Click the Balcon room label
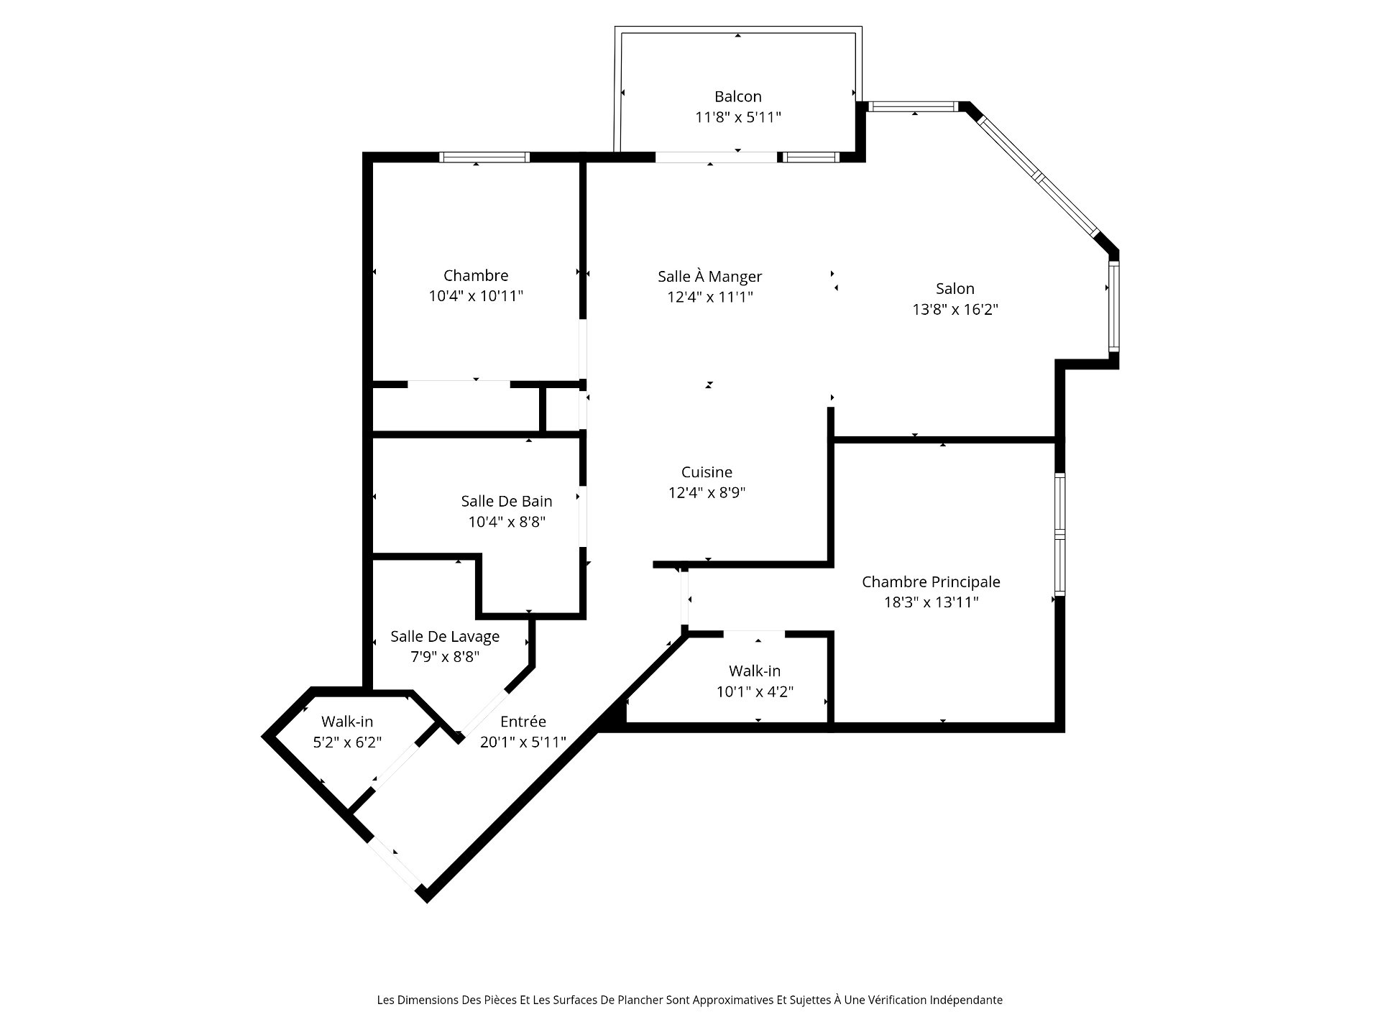(737, 96)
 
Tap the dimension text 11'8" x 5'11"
(737, 117)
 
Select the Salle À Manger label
(709, 277)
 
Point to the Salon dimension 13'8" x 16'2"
(955, 310)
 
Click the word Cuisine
(707, 472)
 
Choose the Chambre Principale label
(931, 581)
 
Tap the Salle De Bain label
(507, 501)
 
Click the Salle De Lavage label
(445, 636)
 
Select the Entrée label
(523, 721)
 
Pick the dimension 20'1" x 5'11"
(523, 742)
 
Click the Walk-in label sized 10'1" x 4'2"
(755, 671)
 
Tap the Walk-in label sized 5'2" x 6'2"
(347, 721)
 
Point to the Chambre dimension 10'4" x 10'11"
(476, 296)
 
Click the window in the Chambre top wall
(484, 157)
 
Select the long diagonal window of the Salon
(1038, 175)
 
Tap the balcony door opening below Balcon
(717, 157)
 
